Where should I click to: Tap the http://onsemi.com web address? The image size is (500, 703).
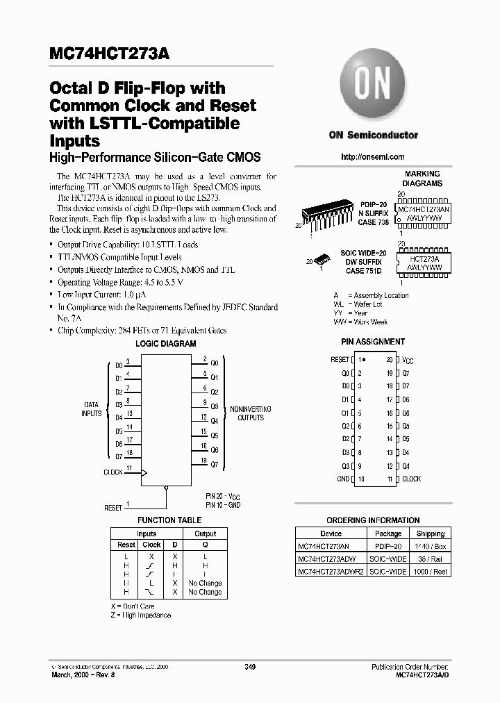373,157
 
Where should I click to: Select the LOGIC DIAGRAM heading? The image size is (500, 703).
167,344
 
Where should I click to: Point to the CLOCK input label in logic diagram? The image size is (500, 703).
112,472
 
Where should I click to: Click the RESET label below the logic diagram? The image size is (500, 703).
113,508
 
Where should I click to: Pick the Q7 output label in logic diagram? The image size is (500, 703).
215,464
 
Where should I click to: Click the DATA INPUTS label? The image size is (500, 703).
92,409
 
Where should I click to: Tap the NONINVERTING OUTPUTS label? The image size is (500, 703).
251,413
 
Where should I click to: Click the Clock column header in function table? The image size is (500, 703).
151,545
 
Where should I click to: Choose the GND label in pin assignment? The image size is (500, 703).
343,479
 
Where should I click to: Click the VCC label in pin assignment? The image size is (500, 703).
408,361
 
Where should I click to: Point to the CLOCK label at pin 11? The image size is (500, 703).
411,479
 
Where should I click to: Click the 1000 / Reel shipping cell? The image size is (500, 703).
431,571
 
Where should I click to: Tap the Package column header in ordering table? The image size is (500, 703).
388,534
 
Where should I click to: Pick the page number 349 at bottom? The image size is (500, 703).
251,668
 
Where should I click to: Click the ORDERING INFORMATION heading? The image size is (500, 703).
373,520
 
